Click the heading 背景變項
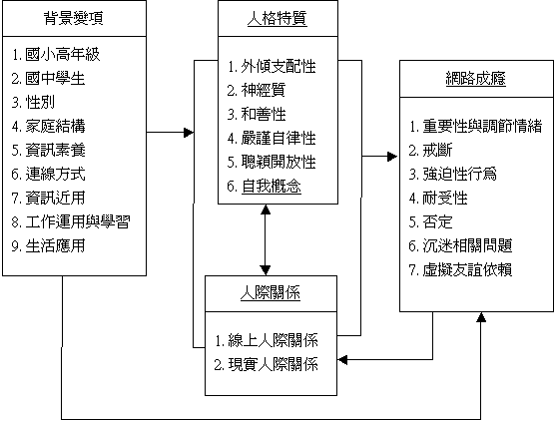(74, 18)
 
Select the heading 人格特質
(278, 18)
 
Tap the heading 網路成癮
(476, 79)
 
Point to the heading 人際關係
(271, 293)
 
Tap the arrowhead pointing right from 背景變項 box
(189, 133)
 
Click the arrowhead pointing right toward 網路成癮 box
(392, 157)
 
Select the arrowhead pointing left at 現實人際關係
(342, 360)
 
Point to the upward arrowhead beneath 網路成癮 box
(481, 317)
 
